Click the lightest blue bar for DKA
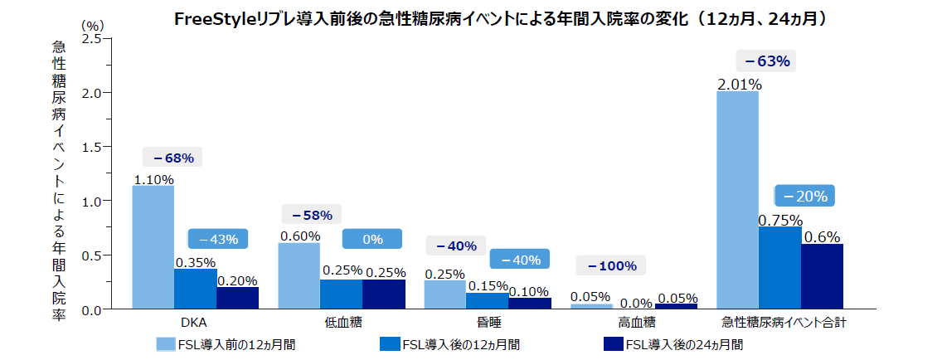(x=153, y=247)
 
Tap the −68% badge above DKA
(x=172, y=158)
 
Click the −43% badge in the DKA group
(x=217, y=239)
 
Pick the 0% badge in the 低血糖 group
(x=372, y=239)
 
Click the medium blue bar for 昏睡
(x=488, y=300)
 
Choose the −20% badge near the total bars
(x=805, y=196)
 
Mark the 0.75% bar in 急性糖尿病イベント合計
(x=779, y=268)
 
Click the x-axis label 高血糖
(x=636, y=321)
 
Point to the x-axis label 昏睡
(x=488, y=321)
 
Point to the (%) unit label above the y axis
(x=92, y=26)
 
